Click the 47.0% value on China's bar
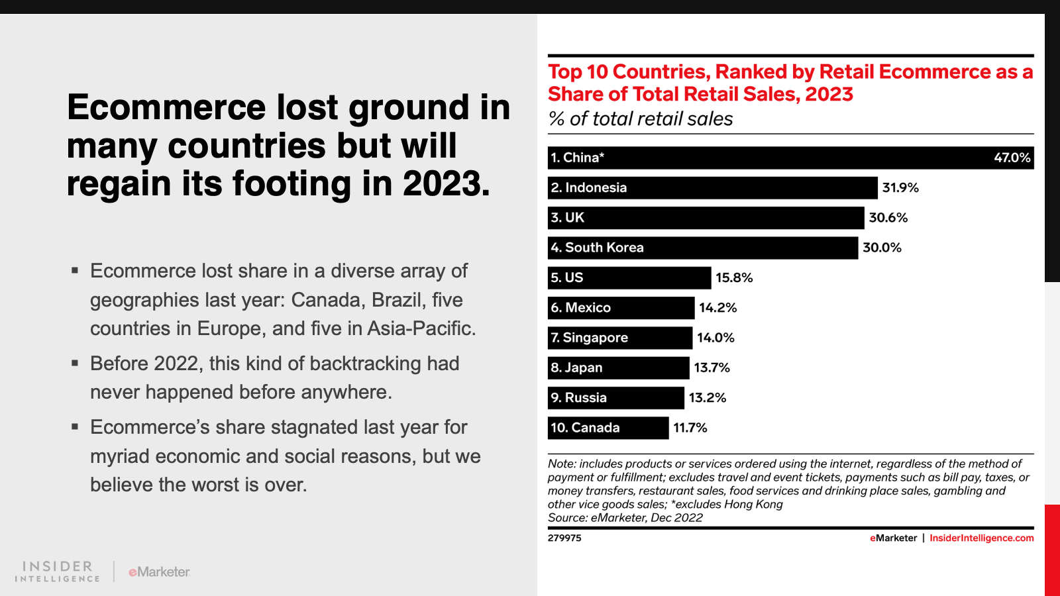(1012, 158)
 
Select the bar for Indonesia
(712, 187)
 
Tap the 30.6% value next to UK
(888, 218)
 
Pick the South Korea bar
(702, 248)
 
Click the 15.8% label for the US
(734, 278)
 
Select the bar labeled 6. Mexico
(621, 308)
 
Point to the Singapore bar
(619, 338)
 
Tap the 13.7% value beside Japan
(712, 368)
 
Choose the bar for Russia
(615, 398)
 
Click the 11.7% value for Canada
(690, 428)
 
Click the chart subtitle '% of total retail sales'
(640, 119)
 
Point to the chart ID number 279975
(564, 538)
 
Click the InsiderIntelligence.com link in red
(981, 538)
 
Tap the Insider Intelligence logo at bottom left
(58, 571)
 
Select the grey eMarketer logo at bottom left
(159, 571)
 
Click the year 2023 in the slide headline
(445, 184)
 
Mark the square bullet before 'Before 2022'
(75, 363)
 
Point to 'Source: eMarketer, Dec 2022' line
(625, 518)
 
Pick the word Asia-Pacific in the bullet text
(420, 328)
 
